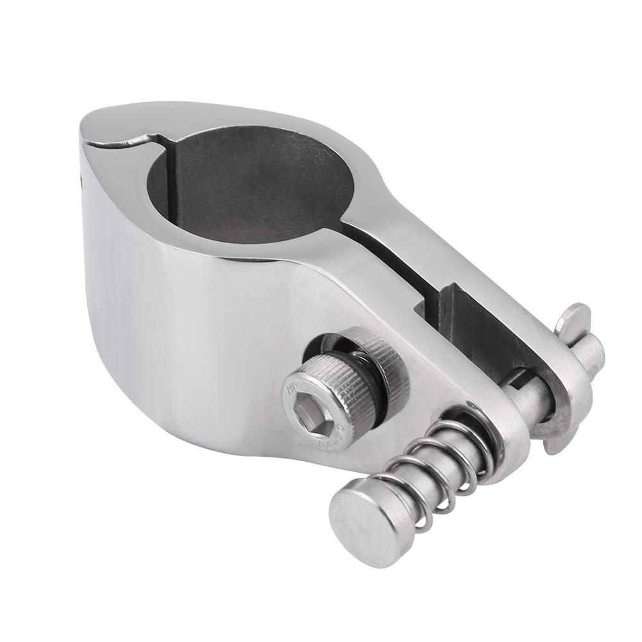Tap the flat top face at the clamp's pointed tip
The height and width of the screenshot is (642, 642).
[109, 122]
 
